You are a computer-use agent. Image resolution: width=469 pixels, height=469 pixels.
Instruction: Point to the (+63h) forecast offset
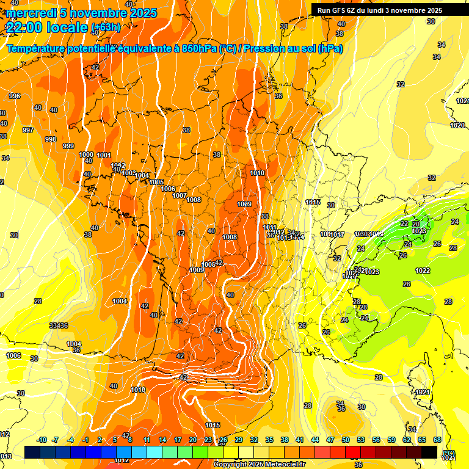(x=106, y=27)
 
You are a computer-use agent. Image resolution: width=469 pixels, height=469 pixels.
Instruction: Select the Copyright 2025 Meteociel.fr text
(x=259, y=464)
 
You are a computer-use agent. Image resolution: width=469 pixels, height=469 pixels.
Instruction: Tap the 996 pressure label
(x=15, y=96)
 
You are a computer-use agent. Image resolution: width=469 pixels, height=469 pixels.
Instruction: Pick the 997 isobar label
(x=27, y=130)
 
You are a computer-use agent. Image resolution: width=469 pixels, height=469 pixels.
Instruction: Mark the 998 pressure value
(x=51, y=139)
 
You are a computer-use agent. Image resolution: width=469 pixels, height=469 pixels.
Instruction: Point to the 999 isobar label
(x=68, y=146)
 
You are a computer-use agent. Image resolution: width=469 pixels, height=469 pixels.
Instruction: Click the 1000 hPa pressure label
(x=86, y=155)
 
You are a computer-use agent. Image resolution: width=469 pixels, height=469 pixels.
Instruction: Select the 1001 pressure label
(x=104, y=156)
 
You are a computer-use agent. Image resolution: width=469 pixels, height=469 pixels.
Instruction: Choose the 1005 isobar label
(x=156, y=183)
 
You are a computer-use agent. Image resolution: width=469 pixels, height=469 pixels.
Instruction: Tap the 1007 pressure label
(x=180, y=195)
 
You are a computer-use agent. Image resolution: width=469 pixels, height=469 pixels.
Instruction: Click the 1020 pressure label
(x=457, y=125)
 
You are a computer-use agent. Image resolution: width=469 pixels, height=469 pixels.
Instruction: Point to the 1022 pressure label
(x=423, y=271)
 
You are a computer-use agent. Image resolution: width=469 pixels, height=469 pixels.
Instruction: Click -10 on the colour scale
(x=42, y=440)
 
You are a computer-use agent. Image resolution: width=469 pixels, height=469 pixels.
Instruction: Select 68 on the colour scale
(x=437, y=440)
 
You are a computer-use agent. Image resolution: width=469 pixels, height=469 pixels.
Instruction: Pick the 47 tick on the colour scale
(x=330, y=440)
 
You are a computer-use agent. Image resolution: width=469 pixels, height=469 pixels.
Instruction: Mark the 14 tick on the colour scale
(x=162, y=440)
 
